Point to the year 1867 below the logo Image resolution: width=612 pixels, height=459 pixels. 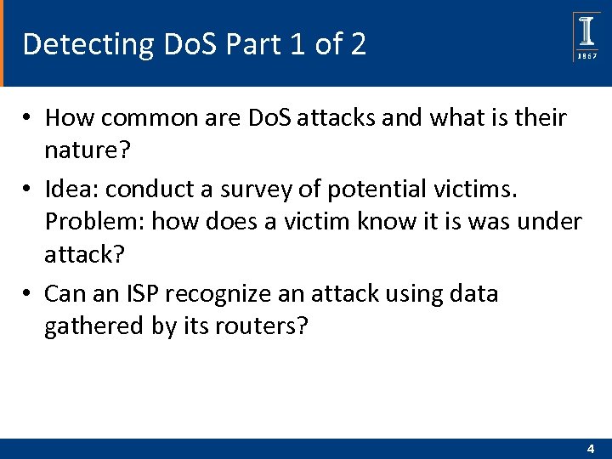(x=586, y=55)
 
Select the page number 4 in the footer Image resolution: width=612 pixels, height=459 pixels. (x=590, y=448)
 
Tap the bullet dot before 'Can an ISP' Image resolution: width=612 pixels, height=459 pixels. (x=28, y=294)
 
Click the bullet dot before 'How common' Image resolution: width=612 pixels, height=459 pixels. (x=28, y=117)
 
